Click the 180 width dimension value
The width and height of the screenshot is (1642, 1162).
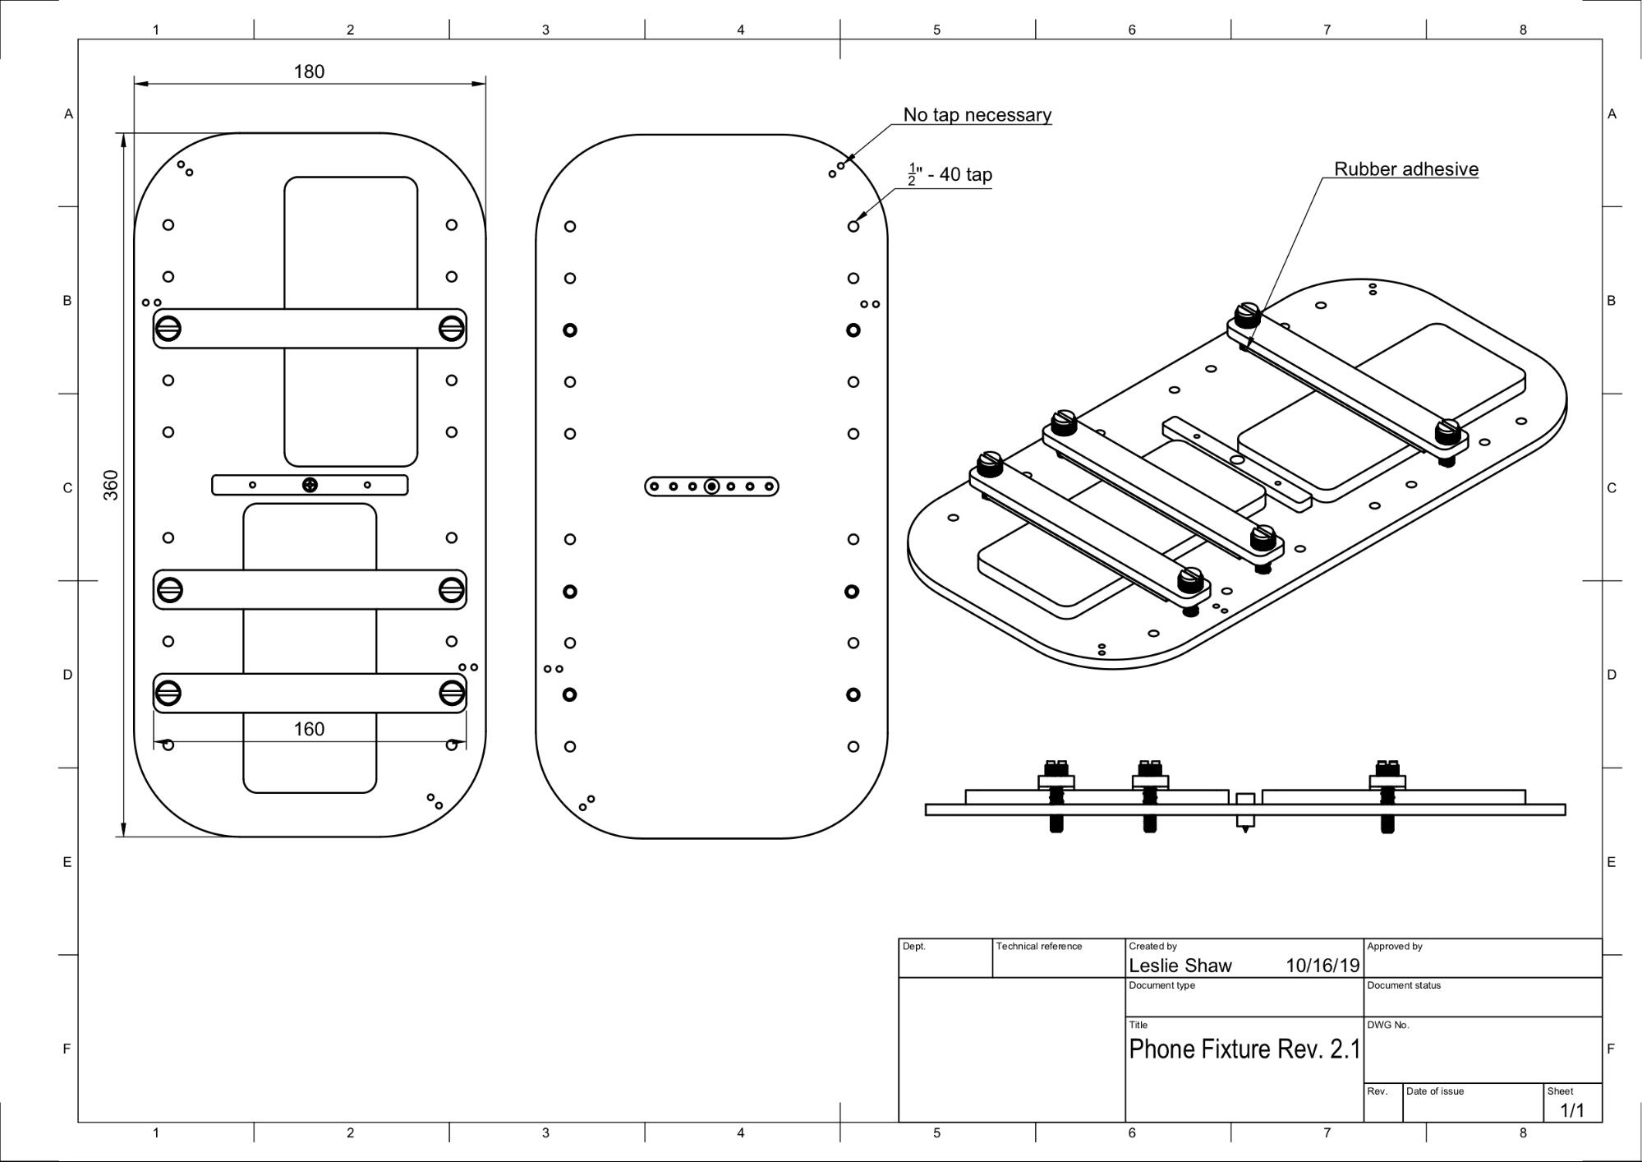[x=309, y=71]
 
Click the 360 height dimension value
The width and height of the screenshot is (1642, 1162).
[x=111, y=485]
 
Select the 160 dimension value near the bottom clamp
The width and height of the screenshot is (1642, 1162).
[x=309, y=729]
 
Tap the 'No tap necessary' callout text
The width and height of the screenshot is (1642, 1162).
[x=977, y=115]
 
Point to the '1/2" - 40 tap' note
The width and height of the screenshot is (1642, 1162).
[x=950, y=175]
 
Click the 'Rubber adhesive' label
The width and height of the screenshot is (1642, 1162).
[x=1405, y=169]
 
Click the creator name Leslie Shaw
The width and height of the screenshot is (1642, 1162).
[x=1180, y=966]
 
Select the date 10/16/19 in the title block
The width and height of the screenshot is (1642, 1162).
[x=1322, y=966]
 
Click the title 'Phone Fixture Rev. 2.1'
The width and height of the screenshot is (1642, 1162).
[x=1244, y=1049]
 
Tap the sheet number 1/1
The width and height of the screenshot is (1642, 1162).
[x=1571, y=1111]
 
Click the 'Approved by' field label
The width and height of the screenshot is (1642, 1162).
[x=1394, y=947]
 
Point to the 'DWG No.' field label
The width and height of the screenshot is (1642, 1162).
[x=1387, y=1025]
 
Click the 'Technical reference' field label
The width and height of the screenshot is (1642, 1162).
[x=1038, y=947]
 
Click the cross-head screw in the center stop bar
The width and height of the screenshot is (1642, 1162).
[x=310, y=485]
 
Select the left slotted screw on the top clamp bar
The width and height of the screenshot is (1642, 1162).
[x=168, y=329]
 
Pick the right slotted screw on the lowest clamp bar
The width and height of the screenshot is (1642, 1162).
[x=451, y=693]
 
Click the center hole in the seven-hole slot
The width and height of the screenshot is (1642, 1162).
[x=711, y=486]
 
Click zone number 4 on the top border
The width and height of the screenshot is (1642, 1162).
[x=740, y=30]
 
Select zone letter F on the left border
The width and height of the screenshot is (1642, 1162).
[x=67, y=1049]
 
